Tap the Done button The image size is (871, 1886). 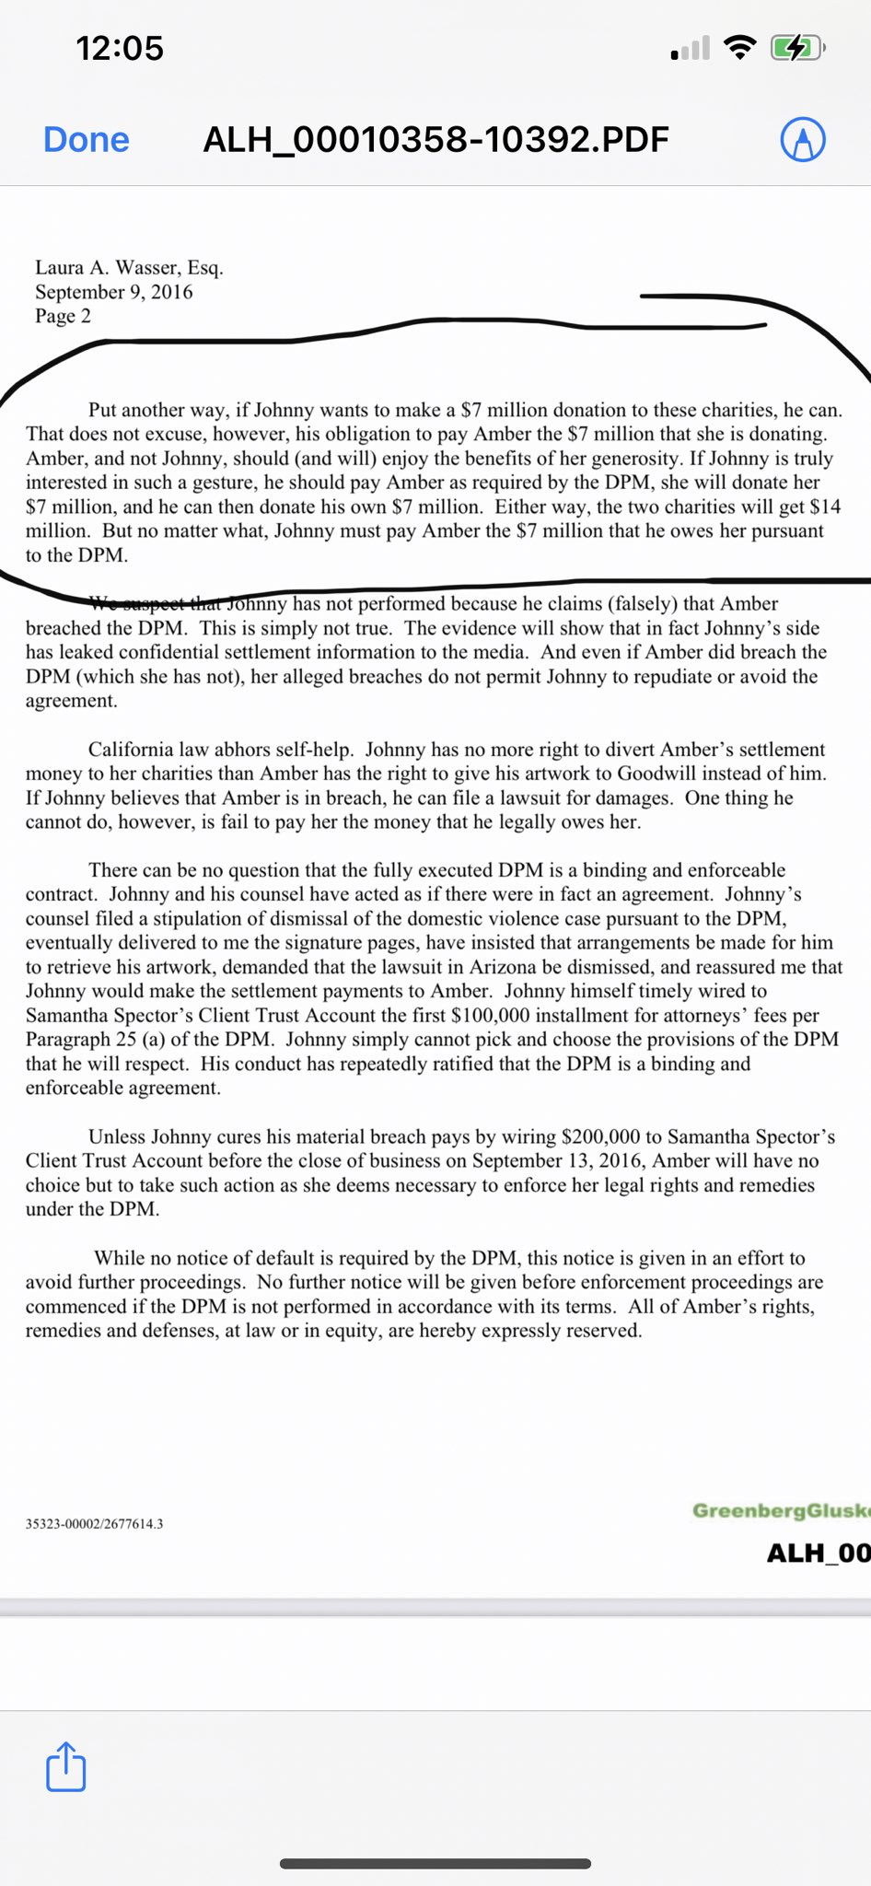click(87, 140)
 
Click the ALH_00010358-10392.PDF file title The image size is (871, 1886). click(435, 140)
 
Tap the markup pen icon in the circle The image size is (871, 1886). click(803, 140)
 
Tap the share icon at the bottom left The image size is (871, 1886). click(65, 1766)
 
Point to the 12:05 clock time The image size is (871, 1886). click(120, 48)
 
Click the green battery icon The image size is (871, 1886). click(796, 47)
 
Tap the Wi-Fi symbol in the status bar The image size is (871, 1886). click(740, 47)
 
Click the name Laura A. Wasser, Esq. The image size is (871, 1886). click(129, 267)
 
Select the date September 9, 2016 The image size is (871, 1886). click(114, 292)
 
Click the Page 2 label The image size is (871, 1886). click(63, 316)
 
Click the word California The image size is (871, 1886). click(131, 750)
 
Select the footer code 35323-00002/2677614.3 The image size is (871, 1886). click(94, 1524)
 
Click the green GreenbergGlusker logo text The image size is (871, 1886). click(781, 1510)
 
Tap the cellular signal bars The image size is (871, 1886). click(691, 49)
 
